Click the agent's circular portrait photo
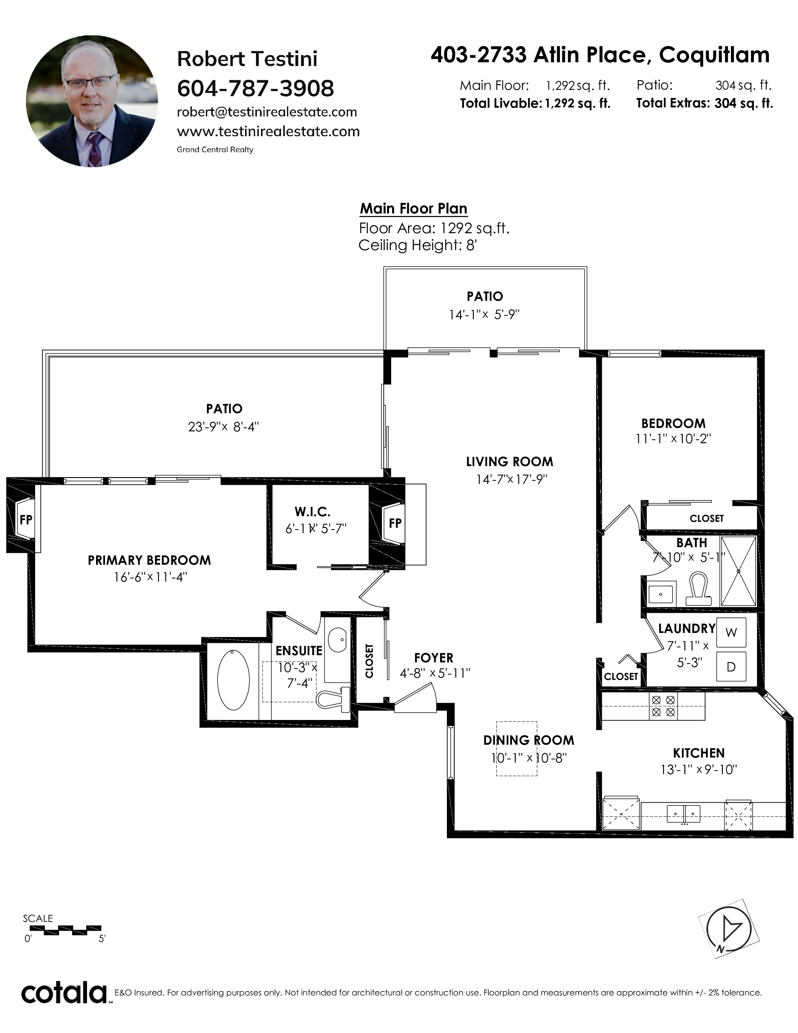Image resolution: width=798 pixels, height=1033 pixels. (92, 101)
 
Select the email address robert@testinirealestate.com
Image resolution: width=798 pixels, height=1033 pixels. (267, 112)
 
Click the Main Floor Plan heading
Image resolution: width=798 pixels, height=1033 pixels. (414, 208)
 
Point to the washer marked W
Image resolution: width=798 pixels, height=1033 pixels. (731, 632)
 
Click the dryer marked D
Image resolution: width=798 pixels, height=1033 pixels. (731, 667)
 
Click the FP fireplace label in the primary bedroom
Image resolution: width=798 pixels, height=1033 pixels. (26, 520)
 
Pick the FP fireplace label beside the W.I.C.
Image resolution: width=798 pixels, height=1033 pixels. (395, 523)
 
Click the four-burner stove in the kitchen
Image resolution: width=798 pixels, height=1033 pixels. (663, 706)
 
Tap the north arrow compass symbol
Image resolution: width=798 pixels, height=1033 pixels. (729, 929)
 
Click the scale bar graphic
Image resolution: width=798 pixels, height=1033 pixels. (62, 930)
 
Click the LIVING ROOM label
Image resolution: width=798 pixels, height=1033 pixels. (509, 462)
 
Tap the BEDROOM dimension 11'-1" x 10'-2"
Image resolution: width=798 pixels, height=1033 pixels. (673, 439)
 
